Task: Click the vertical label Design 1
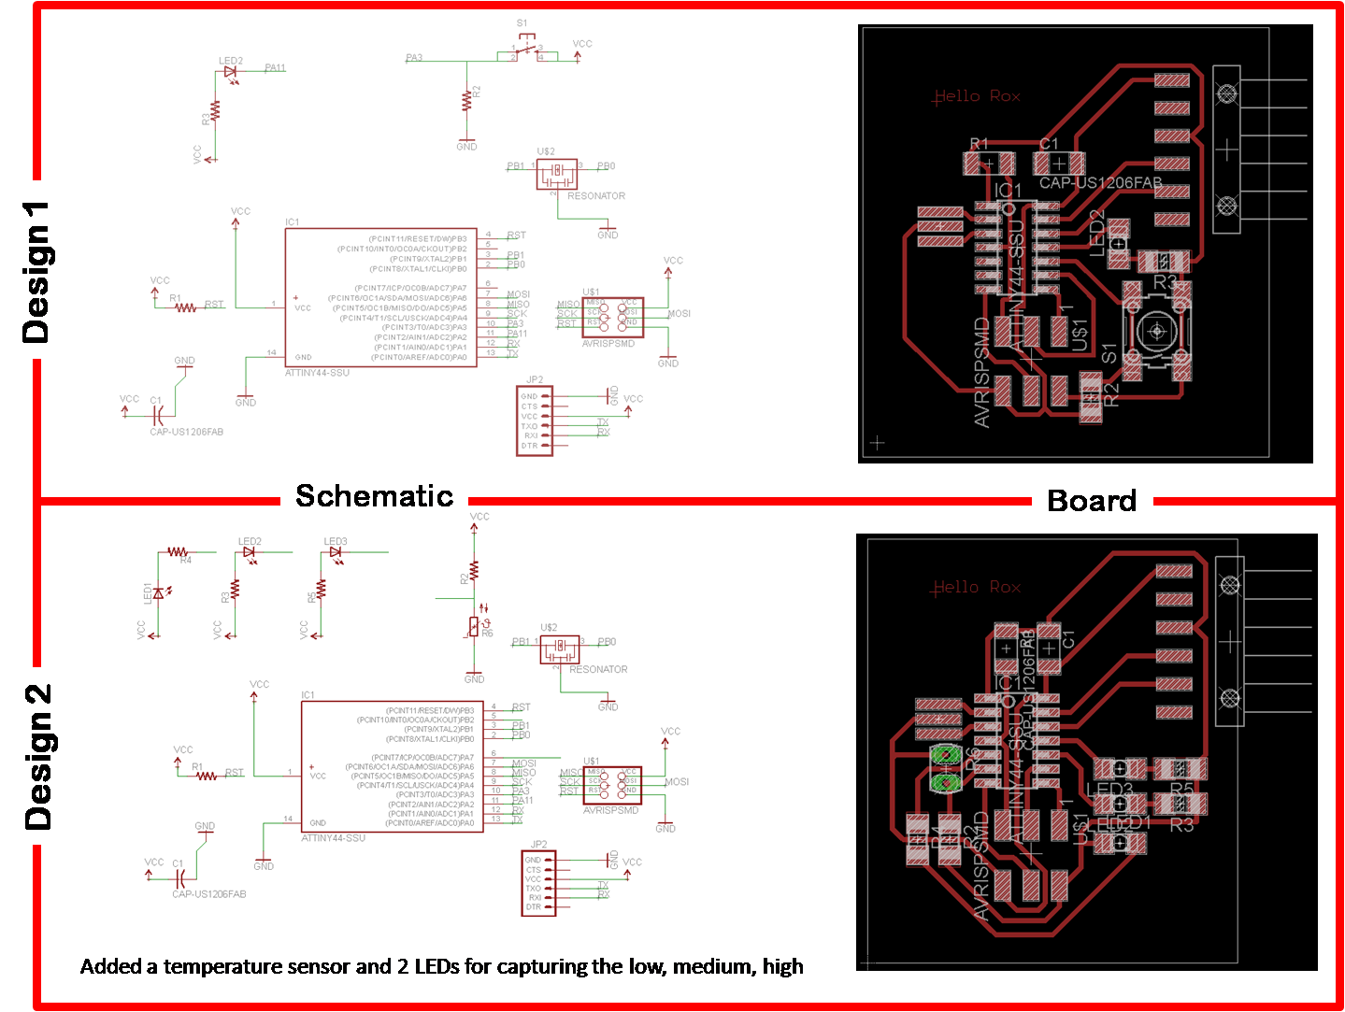click(x=35, y=270)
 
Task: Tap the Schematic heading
click(x=374, y=495)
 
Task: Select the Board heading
click(x=1092, y=500)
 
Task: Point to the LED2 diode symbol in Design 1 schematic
click(x=230, y=72)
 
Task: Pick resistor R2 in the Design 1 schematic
click(x=466, y=99)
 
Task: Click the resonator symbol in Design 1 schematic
click(x=557, y=172)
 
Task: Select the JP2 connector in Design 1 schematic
click(x=535, y=420)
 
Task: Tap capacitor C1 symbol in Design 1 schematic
click(x=159, y=409)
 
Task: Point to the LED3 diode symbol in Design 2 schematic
click(x=335, y=552)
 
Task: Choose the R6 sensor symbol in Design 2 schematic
click(x=475, y=625)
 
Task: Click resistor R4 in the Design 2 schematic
click(x=178, y=552)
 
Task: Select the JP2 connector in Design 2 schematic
click(x=537, y=882)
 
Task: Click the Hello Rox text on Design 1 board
click(x=978, y=96)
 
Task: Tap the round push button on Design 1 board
click(x=1156, y=331)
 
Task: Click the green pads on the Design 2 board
click(x=946, y=767)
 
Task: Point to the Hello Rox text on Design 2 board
click(x=977, y=587)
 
